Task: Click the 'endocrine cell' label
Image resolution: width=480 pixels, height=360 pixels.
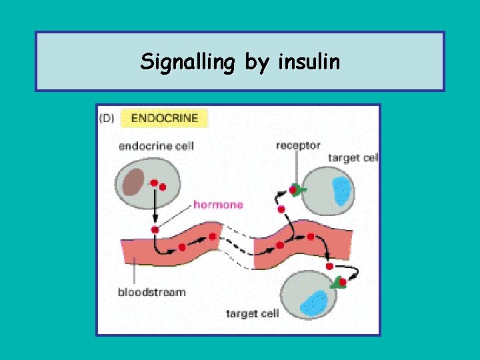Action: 156,146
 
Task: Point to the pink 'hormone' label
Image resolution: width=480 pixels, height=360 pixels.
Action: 218,205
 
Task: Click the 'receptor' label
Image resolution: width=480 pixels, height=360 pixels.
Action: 298,145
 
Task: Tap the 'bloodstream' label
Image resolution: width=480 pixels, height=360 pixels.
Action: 151,292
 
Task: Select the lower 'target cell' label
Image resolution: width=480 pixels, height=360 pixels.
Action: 252,313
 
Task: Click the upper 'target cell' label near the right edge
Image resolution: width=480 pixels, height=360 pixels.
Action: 353,158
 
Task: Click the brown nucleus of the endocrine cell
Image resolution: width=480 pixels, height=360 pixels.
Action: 135,180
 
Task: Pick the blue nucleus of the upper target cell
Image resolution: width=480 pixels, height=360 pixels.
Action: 341,190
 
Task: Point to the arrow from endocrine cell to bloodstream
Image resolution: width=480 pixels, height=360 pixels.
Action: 155,207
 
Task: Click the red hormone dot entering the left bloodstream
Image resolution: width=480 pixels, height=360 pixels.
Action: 155,230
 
